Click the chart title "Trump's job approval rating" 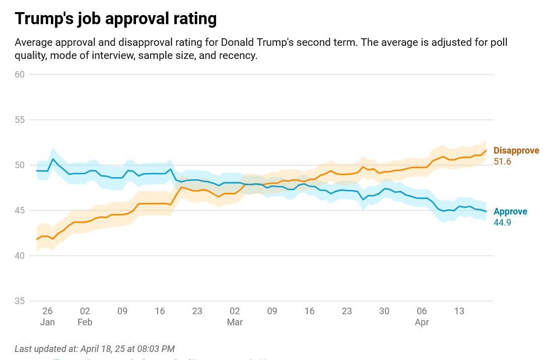[x=116, y=19]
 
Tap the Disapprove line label [x=516, y=151]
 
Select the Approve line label [x=510, y=211]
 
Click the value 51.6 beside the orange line [x=502, y=162]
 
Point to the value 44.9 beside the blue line [x=502, y=223]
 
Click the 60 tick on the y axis [x=20, y=75]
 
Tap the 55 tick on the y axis [x=20, y=120]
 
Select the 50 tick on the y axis [x=20, y=165]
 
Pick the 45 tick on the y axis [x=20, y=210]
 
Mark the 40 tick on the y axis [x=20, y=256]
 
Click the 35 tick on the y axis [x=20, y=301]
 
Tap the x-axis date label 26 [x=47, y=311]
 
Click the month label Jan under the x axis [x=47, y=322]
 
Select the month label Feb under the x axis [x=85, y=322]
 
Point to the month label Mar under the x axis [x=235, y=322]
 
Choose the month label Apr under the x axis [x=422, y=322]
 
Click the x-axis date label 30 [x=384, y=311]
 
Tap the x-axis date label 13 [x=459, y=311]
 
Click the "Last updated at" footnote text [x=95, y=348]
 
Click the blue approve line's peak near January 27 [x=53, y=159]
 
